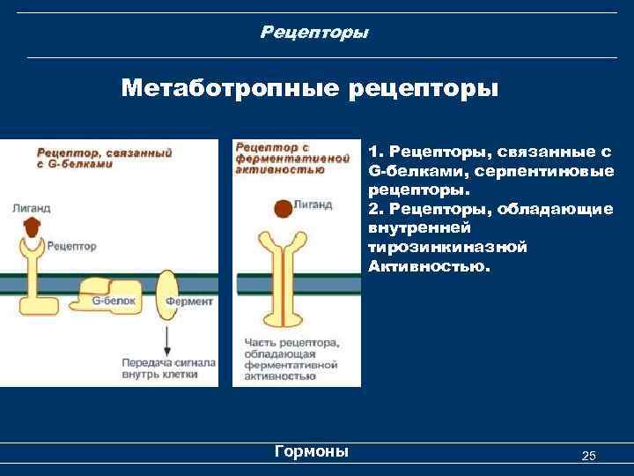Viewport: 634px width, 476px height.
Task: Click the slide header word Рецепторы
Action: point(314,33)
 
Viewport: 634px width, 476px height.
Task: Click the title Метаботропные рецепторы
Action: point(310,89)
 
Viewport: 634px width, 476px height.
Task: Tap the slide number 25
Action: point(589,455)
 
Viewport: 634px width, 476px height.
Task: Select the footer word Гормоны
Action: point(312,451)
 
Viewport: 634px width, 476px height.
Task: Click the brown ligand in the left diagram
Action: point(33,226)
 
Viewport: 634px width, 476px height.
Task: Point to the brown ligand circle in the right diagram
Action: point(282,208)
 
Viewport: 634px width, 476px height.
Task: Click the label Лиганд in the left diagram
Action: point(32,208)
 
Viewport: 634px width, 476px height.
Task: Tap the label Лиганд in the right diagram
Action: point(313,205)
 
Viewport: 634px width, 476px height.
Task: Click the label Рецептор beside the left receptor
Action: point(72,247)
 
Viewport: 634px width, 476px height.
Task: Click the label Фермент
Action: point(188,301)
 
